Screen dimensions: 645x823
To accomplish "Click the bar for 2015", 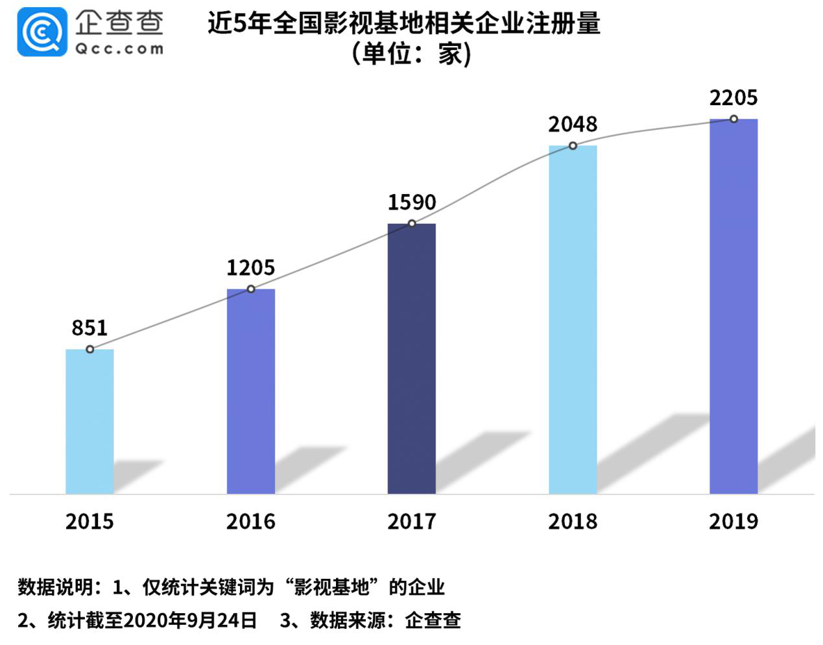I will [x=89, y=422].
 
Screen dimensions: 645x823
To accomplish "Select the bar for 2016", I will [x=250, y=391].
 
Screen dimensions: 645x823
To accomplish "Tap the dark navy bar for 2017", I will [x=411, y=359].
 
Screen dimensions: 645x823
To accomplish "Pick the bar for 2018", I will [x=573, y=320].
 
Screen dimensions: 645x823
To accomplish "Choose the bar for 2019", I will [x=734, y=306].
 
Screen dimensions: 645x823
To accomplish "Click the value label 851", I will [x=89, y=328].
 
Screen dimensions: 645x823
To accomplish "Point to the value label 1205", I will [x=250, y=267].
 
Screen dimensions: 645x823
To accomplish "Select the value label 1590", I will [x=411, y=202].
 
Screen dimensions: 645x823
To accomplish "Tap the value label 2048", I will [x=573, y=124].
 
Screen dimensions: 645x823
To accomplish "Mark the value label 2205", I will [x=734, y=98].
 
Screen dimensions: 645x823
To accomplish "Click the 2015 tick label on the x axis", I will [x=89, y=522].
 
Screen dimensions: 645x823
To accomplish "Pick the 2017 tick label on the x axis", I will [x=411, y=522].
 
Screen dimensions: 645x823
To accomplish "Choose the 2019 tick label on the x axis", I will [x=734, y=522].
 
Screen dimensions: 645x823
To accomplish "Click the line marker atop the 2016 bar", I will [x=251, y=289].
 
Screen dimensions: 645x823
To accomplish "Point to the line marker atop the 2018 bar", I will [x=573, y=145].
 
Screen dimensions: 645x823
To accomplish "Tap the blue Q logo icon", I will [x=42, y=32].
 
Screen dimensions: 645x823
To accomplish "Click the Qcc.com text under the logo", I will [x=119, y=49].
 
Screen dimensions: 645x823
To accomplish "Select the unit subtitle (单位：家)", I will [x=411, y=54].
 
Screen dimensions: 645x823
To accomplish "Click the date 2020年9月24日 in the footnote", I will [x=189, y=620].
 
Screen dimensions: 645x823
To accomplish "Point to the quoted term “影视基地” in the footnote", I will [x=332, y=587].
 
